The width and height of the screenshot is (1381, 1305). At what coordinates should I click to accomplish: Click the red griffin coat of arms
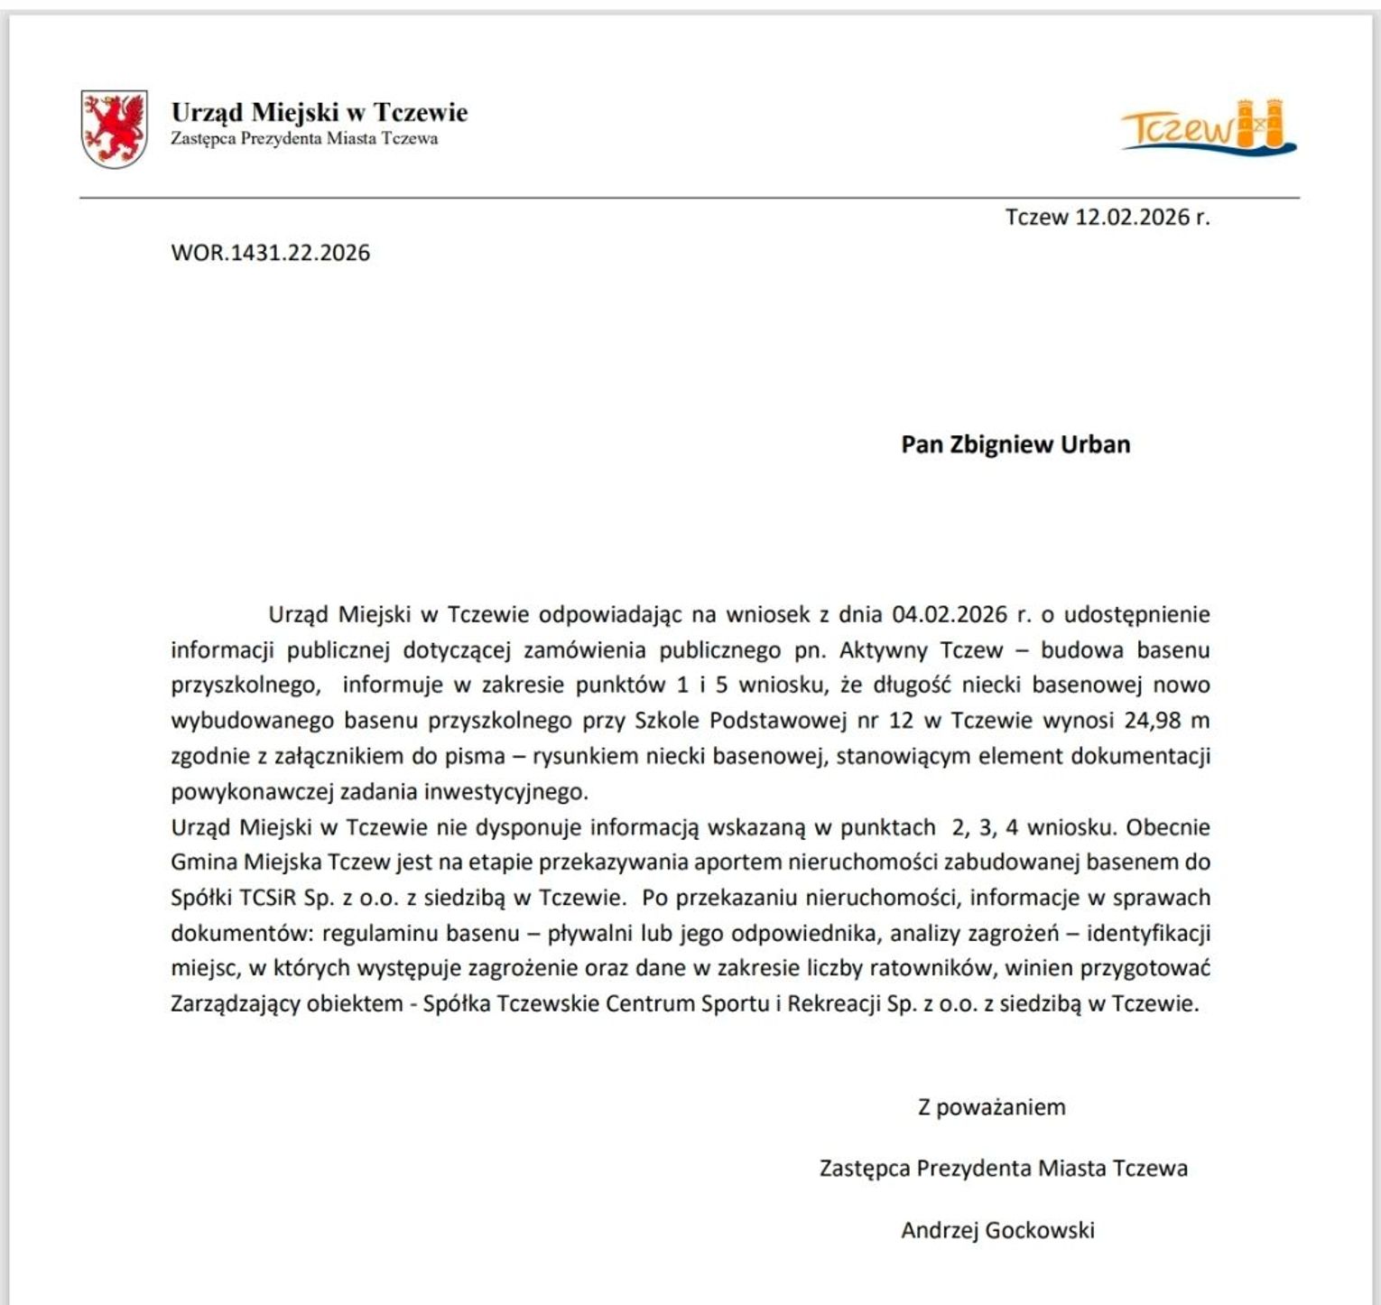115,128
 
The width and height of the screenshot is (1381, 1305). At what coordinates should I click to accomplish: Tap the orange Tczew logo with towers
1208,127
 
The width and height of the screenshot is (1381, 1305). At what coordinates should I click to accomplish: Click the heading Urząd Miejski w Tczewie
320,112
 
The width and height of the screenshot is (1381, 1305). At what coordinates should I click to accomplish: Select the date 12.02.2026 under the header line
1132,218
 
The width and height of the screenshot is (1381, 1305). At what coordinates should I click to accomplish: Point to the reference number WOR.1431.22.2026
270,252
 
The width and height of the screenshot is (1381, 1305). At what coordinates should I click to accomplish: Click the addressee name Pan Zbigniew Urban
1015,444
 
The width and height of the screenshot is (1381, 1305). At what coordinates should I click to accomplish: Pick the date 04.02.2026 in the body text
950,615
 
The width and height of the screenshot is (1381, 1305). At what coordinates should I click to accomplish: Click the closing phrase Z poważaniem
991,1107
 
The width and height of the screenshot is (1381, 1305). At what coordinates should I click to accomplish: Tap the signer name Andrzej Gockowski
997,1230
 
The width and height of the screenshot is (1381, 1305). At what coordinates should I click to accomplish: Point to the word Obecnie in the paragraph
1168,827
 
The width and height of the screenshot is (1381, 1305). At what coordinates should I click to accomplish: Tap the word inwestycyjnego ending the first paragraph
505,792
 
